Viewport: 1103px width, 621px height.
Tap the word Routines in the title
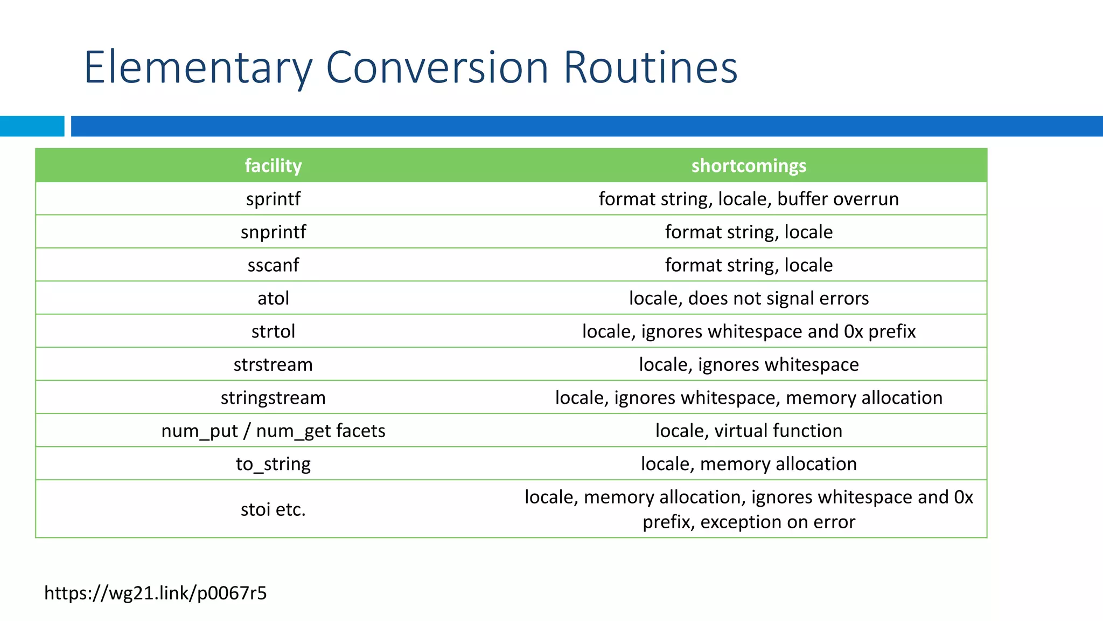(x=650, y=68)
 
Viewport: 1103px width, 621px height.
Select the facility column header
(x=273, y=165)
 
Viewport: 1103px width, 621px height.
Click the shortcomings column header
(x=749, y=165)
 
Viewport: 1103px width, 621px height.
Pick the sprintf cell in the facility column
(x=273, y=199)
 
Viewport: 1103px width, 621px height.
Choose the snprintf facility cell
(x=273, y=232)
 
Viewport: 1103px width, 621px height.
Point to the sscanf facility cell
(x=273, y=265)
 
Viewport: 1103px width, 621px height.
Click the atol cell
(x=273, y=298)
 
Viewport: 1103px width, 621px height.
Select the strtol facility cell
(x=273, y=332)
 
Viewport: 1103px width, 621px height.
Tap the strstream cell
(x=273, y=364)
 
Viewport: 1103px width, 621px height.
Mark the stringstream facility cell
(x=273, y=398)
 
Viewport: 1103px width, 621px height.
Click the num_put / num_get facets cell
(x=273, y=431)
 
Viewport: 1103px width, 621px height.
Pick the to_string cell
(x=273, y=464)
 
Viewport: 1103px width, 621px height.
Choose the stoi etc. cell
(x=273, y=509)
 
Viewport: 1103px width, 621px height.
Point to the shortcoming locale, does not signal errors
(x=749, y=298)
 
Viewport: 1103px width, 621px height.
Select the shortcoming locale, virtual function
(x=749, y=431)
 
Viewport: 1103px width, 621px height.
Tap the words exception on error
(x=778, y=522)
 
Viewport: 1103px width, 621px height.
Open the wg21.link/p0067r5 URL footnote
(x=156, y=593)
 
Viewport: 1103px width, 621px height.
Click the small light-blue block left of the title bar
(x=32, y=126)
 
